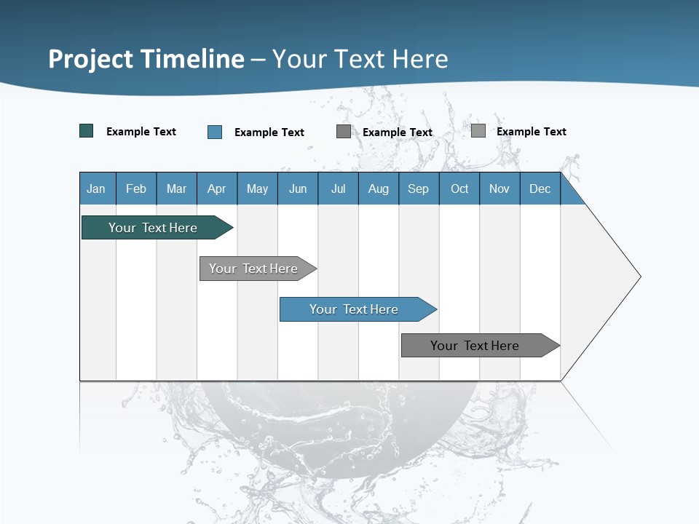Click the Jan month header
[x=96, y=188]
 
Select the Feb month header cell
[x=136, y=188]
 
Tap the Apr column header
[x=217, y=188]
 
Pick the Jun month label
[x=298, y=188]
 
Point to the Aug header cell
[x=379, y=188]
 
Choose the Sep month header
[x=419, y=188]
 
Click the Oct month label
[x=459, y=188]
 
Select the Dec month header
[x=540, y=188]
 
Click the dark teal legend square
[x=87, y=131]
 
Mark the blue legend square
[x=215, y=132]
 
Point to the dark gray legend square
[x=344, y=132]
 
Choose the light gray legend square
[x=478, y=131]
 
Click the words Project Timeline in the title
[x=146, y=59]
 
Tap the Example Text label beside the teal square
[x=141, y=132]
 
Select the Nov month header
[x=499, y=188]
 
